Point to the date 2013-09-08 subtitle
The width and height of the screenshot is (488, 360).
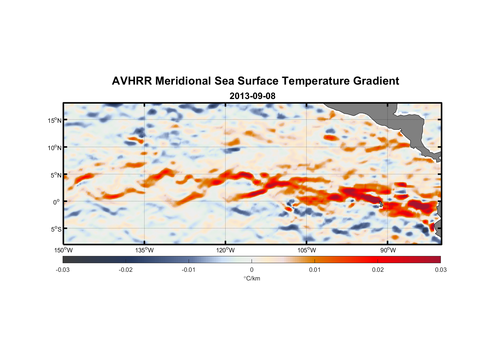[x=252, y=96]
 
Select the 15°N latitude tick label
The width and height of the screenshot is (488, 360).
[x=55, y=120]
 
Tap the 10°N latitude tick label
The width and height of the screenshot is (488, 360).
[x=55, y=148]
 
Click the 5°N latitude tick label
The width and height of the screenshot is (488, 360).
[x=56, y=175]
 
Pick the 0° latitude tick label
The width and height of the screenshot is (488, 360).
[x=57, y=202]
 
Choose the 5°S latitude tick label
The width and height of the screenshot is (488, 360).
[x=56, y=229]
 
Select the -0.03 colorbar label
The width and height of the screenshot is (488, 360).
[x=63, y=270]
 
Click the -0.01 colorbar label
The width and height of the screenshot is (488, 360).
[x=189, y=270]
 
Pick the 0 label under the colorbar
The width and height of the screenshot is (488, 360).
[x=252, y=270]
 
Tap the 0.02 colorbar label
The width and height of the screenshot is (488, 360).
[x=378, y=270]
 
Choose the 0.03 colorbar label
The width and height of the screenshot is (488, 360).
[x=440, y=270]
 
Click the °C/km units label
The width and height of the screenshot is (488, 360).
[x=252, y=278]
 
